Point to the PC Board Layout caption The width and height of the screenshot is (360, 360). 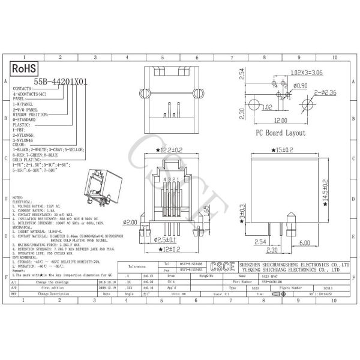280,133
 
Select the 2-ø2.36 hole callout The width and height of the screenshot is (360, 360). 324,92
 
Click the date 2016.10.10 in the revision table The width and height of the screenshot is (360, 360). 114,280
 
